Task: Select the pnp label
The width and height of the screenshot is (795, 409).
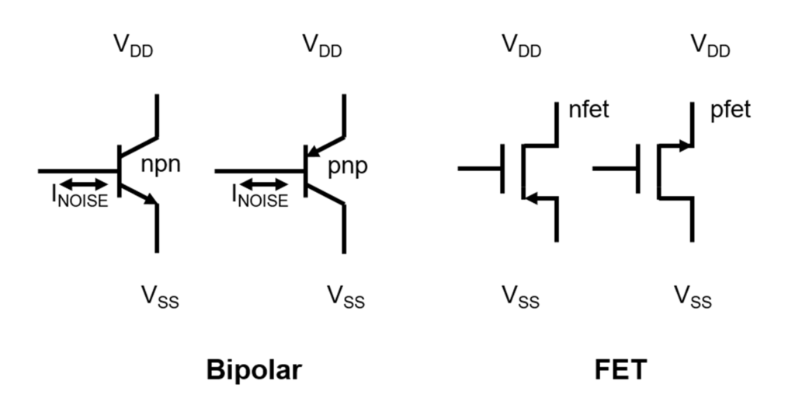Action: [347, 167]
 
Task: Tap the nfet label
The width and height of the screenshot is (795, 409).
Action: [588, 109]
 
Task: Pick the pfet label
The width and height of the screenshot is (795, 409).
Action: [730, 110]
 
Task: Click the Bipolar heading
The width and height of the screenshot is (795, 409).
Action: [254, 369]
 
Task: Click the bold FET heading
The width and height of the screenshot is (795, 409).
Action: [620, 369]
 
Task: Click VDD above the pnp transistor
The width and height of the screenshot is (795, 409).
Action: [322, 46]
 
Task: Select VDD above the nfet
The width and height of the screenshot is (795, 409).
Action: [522, 46]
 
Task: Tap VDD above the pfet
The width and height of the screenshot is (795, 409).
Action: [711, 46]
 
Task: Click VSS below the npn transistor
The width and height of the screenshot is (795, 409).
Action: [160, 296]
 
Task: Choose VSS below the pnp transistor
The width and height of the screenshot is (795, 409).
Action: [345, 296]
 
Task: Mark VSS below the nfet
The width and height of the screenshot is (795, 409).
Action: [521, 296]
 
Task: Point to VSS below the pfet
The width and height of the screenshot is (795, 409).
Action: [693, 296]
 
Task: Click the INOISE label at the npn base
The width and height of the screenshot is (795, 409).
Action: [80, 196]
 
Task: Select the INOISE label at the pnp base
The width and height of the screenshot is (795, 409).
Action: [260, 196]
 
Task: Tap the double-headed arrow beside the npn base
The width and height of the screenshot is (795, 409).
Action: [84, 184]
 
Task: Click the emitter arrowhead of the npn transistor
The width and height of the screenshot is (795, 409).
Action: [151, 198]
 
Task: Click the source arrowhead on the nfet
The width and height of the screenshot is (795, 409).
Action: [531, 198]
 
